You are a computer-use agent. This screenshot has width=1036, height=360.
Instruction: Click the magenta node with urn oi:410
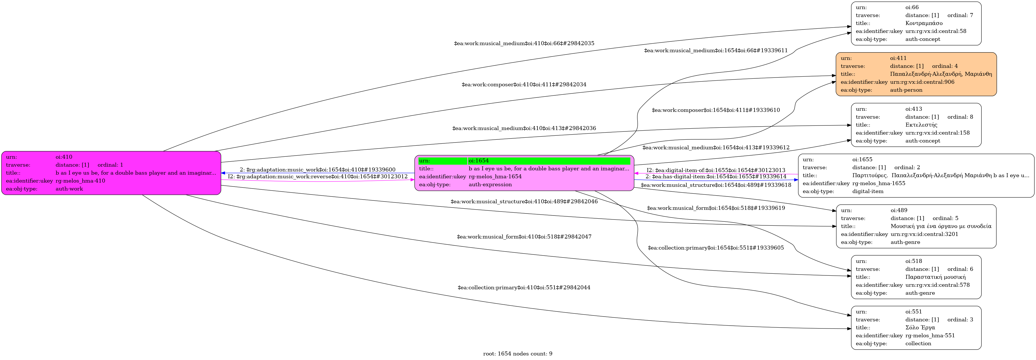click(111, 173)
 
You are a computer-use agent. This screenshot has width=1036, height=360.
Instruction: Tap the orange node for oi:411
click(916, 74)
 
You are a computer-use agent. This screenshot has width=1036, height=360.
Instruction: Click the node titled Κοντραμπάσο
click(916, 23)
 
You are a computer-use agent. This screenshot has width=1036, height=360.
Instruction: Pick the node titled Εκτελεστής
click(916, 125)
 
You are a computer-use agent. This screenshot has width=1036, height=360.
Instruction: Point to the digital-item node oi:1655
click(916, 175)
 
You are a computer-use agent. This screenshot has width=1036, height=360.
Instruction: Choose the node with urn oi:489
click(916, 226)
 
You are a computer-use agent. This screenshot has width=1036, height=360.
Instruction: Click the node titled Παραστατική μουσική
click(916, 277)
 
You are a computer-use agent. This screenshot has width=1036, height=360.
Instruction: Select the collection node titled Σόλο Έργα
click(916, 327)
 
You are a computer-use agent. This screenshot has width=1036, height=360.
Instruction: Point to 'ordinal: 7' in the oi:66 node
click(960, 15)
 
